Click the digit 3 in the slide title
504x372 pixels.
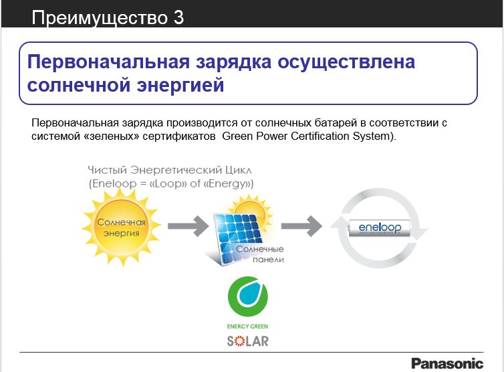tap(178, 17)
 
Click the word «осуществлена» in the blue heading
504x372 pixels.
tap(346, 62)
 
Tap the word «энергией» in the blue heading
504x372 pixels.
tap(180, 85)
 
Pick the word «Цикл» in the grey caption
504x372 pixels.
tap(239, 170)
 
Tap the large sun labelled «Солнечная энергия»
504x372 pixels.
tap(121, 227)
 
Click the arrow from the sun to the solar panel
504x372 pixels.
tap(188, 226)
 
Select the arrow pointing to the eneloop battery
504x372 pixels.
tap(301, 226)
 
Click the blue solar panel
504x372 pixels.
tap(238, 238)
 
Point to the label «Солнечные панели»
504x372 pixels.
tap(260, 254)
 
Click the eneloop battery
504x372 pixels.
tap(380, 228)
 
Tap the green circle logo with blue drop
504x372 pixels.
tap(247, 296)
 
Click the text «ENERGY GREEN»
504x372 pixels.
tap(247, 327)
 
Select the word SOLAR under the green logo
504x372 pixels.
tap(247, 341)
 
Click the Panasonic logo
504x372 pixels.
tap(447, 363)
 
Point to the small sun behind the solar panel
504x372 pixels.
tap(251, 210)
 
